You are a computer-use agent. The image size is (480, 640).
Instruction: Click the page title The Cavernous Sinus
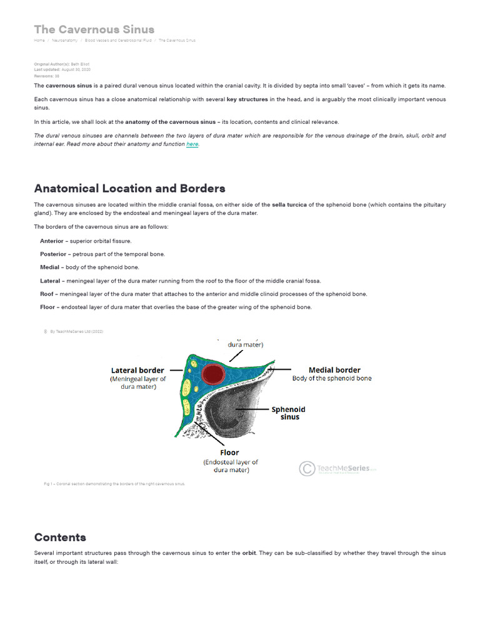tap(94, 29)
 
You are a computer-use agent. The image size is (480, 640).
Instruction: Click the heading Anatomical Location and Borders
tap(129, 188)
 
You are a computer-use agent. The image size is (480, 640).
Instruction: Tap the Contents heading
tap(60, 537)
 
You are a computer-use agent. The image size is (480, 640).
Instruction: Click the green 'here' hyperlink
tap(192, 144)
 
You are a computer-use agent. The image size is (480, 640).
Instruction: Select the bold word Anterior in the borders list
tap(52, 241)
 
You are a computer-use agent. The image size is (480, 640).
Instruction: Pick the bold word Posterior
tap(54, 254)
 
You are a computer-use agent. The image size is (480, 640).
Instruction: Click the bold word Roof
tap(46, 294)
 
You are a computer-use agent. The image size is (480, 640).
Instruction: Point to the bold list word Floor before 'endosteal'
tap(47, 307)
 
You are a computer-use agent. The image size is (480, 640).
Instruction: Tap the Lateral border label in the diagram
tap(137, 371)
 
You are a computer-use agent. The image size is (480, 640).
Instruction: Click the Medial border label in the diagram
tap(334, 370)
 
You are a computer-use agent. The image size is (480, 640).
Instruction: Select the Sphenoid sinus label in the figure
tap(289, 413)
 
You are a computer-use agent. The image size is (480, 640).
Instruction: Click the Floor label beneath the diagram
tap(229, 452)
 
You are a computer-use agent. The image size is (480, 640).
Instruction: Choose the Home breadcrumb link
tap(39, 41)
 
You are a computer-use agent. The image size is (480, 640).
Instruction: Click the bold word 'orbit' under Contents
tap(250, 553)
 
